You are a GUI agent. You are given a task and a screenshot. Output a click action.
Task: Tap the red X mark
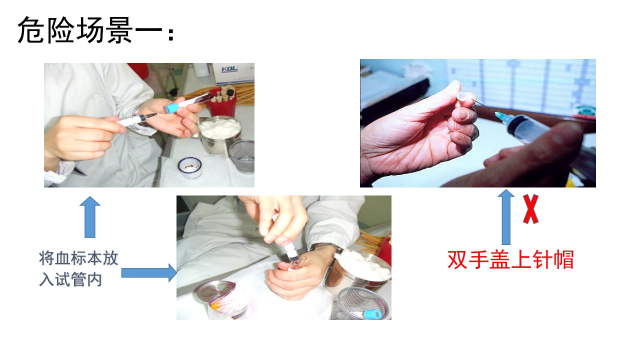530,209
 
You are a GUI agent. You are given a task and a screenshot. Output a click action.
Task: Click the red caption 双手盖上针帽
510,259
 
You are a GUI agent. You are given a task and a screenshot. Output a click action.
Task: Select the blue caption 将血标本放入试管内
78,268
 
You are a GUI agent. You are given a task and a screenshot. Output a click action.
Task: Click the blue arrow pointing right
149,273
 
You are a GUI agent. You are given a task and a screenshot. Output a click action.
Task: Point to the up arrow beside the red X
506,217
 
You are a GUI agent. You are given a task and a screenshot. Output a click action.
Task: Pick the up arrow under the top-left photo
90,217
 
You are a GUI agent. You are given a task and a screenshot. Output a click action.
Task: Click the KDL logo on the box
229,69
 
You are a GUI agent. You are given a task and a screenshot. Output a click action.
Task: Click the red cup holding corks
221,102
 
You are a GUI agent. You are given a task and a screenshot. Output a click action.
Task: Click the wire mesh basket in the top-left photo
241,156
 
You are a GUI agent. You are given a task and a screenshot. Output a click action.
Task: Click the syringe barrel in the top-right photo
528,129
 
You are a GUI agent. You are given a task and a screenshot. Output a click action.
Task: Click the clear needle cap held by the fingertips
463,97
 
